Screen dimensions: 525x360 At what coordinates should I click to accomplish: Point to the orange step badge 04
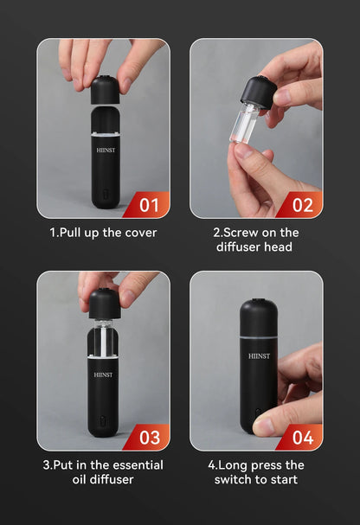point(302,439)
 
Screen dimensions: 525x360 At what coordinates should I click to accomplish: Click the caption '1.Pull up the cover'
point(103,232)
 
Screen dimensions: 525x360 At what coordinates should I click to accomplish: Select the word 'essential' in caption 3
point(134,464)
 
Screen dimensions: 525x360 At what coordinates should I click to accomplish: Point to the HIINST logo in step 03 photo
point(104,376)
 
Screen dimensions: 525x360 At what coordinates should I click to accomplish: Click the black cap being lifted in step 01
point(104,89)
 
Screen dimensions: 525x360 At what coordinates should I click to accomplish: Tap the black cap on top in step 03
point(104,303)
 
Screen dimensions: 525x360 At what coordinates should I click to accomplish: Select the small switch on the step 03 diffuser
point(104,424)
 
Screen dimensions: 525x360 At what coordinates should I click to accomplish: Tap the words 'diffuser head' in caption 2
point(256,247)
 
